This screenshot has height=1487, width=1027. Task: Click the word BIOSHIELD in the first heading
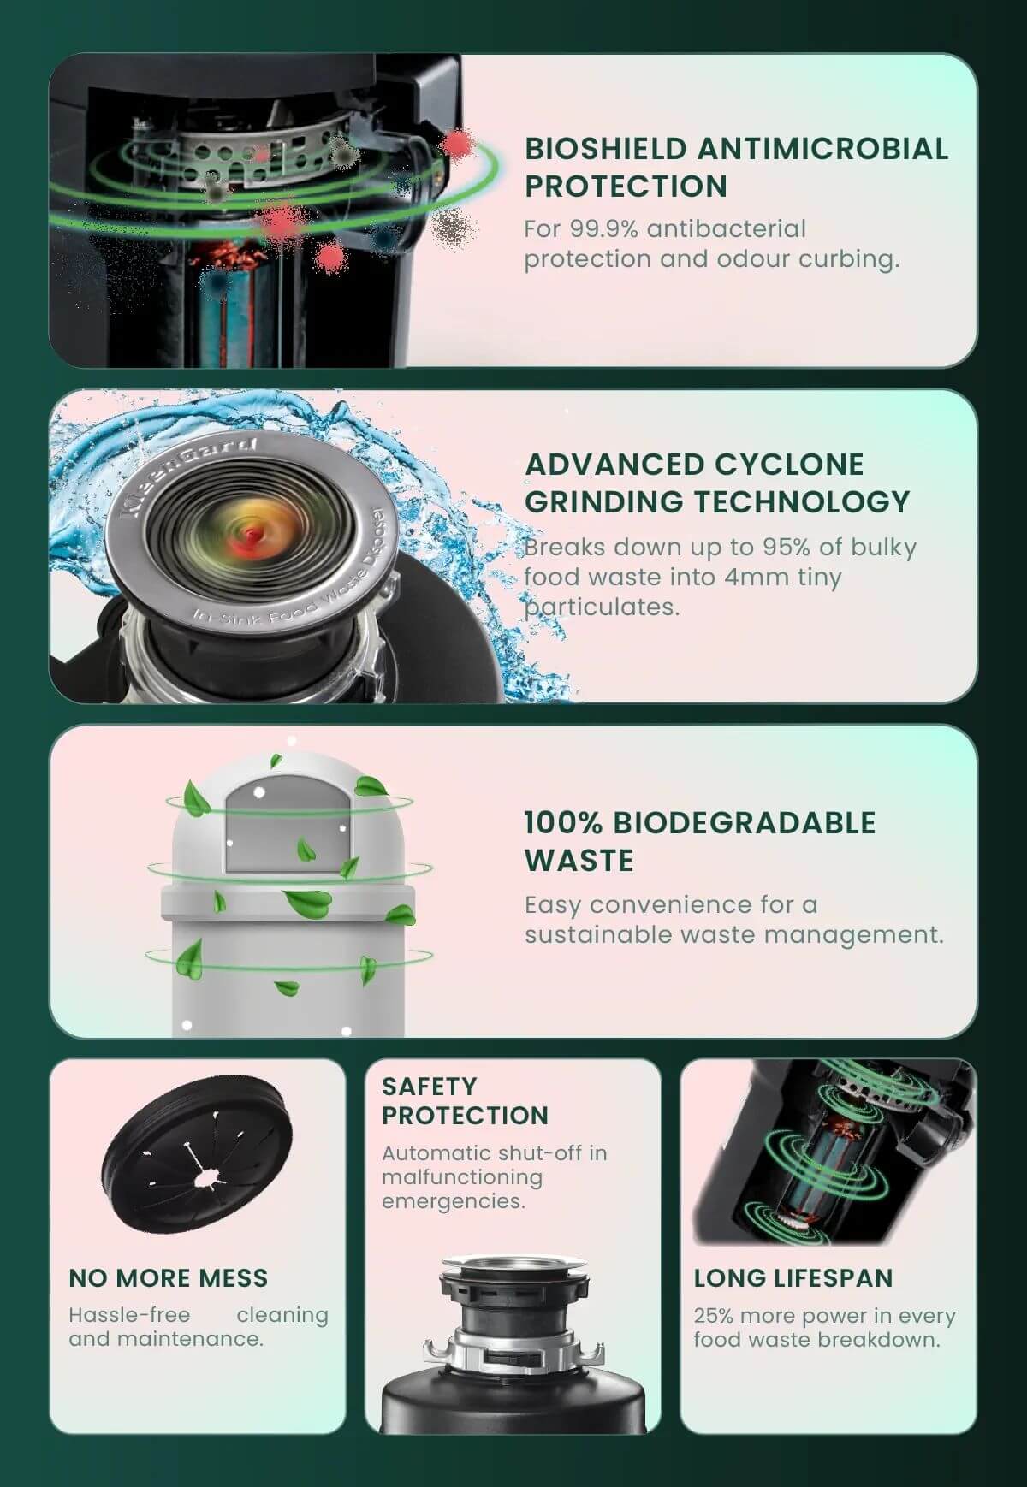pos(606,148)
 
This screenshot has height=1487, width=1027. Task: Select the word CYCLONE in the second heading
pos(789,464)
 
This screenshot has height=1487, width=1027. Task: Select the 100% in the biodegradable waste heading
pos(563,822)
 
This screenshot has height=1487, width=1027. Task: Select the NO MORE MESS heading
pos(169,1278)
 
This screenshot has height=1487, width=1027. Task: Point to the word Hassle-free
pos(129,1315)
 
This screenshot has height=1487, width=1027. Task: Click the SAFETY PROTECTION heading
pos(466,1101)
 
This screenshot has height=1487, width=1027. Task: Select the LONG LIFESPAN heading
pos(793,1278)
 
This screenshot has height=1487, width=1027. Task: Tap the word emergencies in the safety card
pos(453,1202)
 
